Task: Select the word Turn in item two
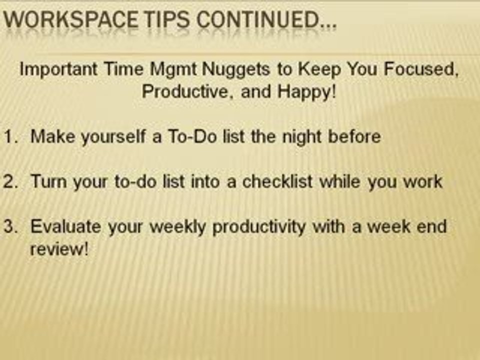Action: (x=48, y=181)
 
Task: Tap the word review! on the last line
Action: (x=59, y=248)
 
